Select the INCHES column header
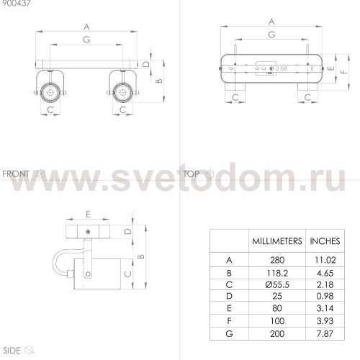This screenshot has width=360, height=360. [x=324, y=240]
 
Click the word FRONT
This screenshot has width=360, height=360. [x=15, y=174]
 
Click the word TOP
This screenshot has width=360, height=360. [x=192, y=174]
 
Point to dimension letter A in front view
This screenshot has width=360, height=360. [x=86, y=27]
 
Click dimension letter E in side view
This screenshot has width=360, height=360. [x=88, y=215]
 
